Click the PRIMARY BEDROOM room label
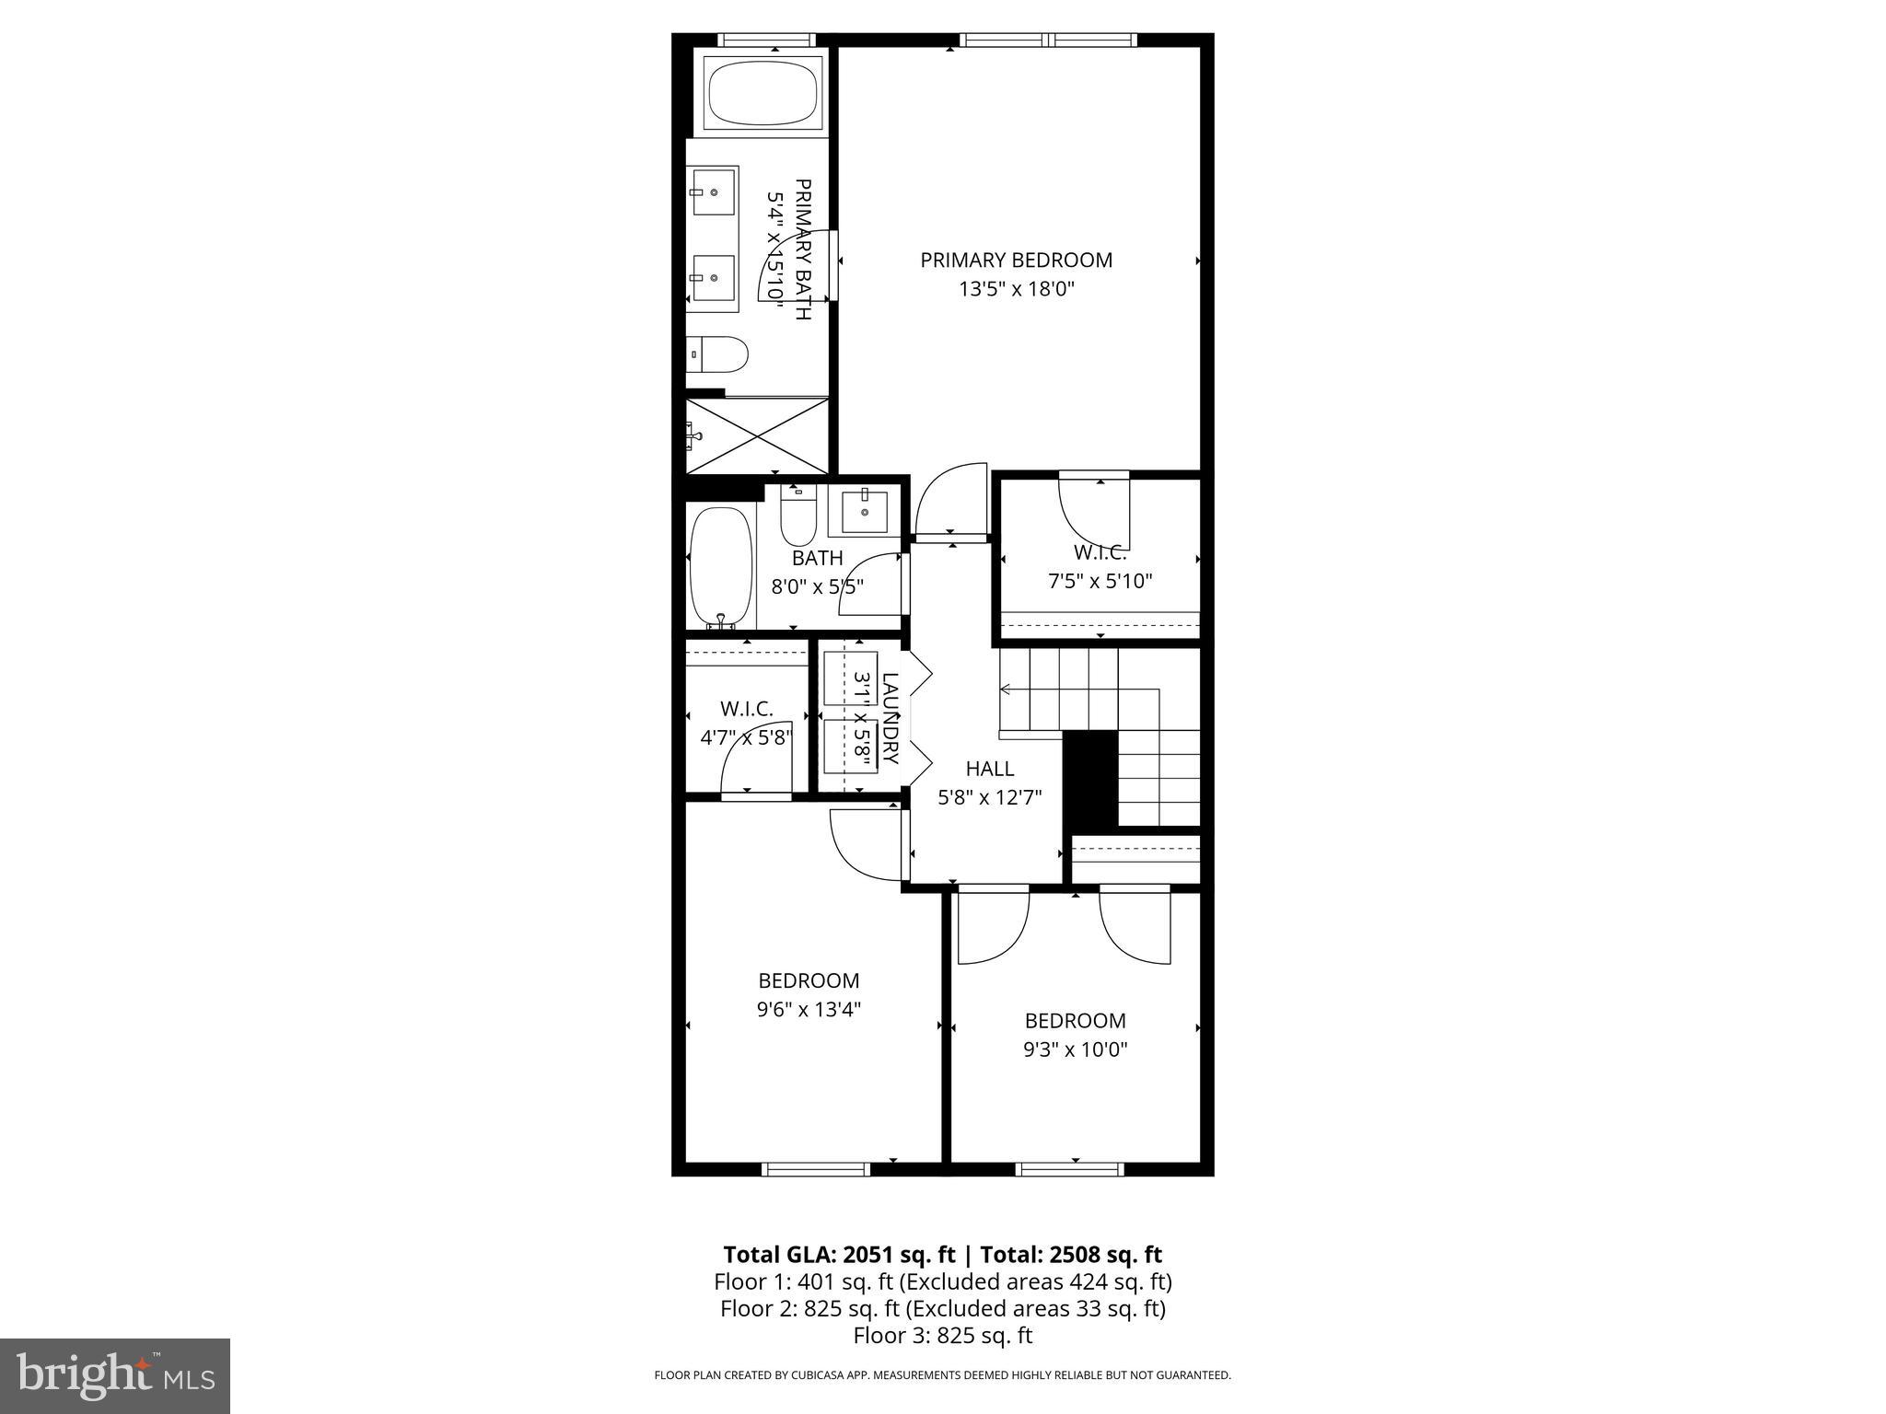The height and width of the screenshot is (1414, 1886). (x=1016, y=261)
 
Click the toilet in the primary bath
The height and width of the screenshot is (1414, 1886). (x=719, y=354)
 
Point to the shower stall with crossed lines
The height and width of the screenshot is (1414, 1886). (x=757, y=435)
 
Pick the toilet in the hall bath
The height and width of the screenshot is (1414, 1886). (x=798, y=516)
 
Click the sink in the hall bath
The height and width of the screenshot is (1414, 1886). (x=864, y=512)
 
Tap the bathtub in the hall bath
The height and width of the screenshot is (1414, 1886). (x=721, y=565)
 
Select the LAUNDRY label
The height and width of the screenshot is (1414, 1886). (x=890, y=718)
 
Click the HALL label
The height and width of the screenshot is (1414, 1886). (x=990, y=769)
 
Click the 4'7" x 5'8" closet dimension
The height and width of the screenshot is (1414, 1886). (x=746, y=737)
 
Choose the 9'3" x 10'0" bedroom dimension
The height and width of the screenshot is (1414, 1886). (x=1076, y=1049)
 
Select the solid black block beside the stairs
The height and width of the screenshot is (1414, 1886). (x=1090, y=779)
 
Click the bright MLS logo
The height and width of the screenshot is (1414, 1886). (x=115, y=1375)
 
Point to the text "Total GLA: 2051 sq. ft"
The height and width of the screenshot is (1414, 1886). (x=840, y=1255)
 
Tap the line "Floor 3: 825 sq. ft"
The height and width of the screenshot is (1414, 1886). (x=943, y=1336)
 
